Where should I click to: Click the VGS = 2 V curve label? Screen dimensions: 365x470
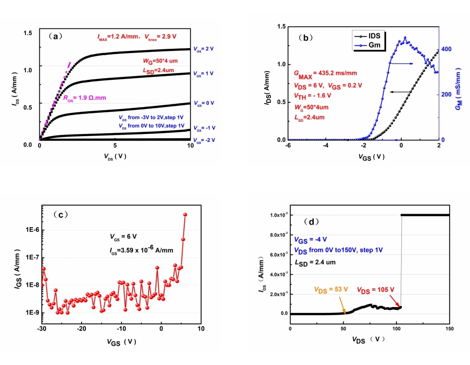203,49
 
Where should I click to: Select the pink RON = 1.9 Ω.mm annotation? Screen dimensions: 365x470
84,98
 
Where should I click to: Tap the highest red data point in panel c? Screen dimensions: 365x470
185,215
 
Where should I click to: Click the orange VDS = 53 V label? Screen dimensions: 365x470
331,289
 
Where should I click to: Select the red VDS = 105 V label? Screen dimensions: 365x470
375,289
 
